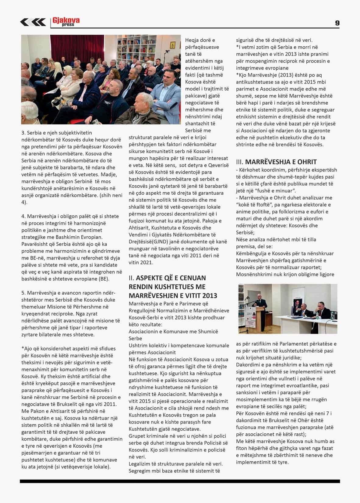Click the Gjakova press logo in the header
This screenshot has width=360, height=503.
[x=66, y=22]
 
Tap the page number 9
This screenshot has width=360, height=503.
[x=337, y=23]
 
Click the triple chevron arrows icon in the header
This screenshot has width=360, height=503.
[x=33, y=22]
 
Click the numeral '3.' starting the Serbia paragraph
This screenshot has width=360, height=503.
[x=23, y=133]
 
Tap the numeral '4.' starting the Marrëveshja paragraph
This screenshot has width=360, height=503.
[x=23, y=216]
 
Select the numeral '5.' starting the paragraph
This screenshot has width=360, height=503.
[x=23, y=293]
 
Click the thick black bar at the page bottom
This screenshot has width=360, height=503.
[x=180, y=481]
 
